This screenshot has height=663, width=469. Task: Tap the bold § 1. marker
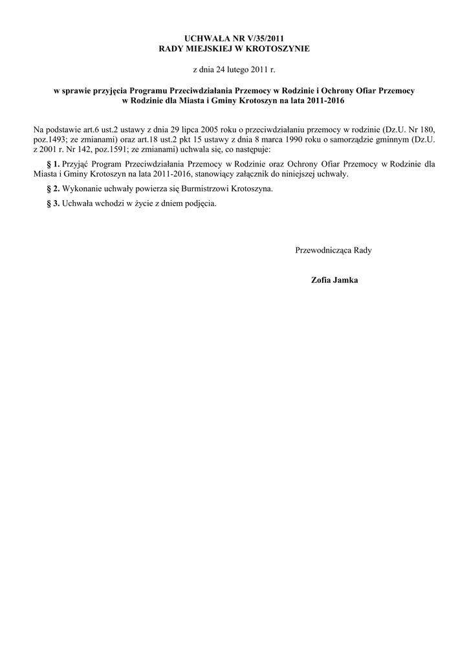pos(54,164)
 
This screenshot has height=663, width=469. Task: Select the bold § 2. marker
pos(54,188)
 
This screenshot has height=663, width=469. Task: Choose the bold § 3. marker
pos(54,203)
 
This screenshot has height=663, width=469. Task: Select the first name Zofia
pos(322,280)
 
